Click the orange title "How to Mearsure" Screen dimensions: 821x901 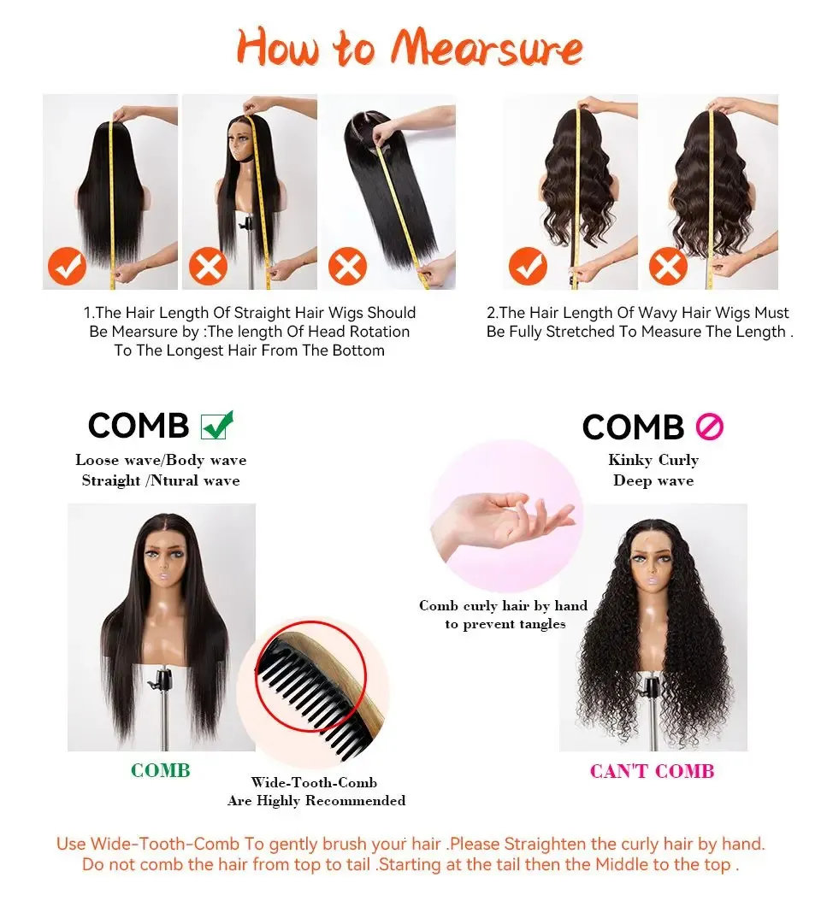pyautogui.click(x=410, y=47)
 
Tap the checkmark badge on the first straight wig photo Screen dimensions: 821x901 pyautogui.click(x=68, y=267)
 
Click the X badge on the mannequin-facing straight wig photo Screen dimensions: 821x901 pyautogui.click(x=208, y=267)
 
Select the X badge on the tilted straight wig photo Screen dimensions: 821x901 pyautogui.click(x=348, y=267)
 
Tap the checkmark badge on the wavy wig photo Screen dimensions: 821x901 pyautogui.click(x=528, y=267)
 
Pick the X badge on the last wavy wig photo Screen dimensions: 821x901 pyautogui.click(x=668, y=267)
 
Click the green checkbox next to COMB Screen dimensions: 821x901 pyautogui.click(x=216, y=425)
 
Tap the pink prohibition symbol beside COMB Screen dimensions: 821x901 pyautogui.click(x=710, y=427)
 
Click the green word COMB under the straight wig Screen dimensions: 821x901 pyautogui.click(x=161, y=770)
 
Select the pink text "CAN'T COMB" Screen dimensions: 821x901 pyautogui.click(x=652, y=771)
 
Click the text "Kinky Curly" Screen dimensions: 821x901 pyautogui.click(x=653, y=460)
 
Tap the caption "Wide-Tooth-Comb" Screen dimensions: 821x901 pyautogui.click(x=314, y=783)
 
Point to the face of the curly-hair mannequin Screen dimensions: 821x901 pyautogui.click(x=652, y=568)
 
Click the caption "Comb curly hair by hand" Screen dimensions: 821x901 pyautogui.click(x=503, y=605)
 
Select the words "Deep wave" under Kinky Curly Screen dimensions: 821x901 pyautogui.click(x=653, y=480)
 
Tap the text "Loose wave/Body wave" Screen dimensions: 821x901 pyautogui.click(x=161, y=460)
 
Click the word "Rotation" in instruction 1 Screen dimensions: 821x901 pyautogui.click(x=380, y=332)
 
